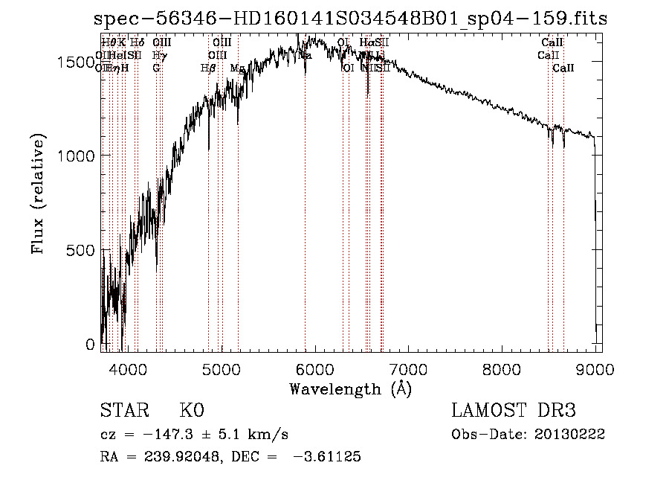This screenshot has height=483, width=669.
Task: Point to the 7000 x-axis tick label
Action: click(408, 368)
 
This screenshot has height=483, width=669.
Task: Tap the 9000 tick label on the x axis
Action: click(595, 368)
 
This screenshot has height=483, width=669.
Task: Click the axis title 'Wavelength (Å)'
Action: click(350, 388)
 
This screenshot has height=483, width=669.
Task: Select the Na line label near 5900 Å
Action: click(305, 55)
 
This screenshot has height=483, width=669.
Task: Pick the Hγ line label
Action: click(158, 55)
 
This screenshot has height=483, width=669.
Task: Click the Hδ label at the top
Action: click(137, 43)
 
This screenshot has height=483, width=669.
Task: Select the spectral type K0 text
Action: click(191, 411)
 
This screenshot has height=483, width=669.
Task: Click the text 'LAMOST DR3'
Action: click(513, 411)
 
